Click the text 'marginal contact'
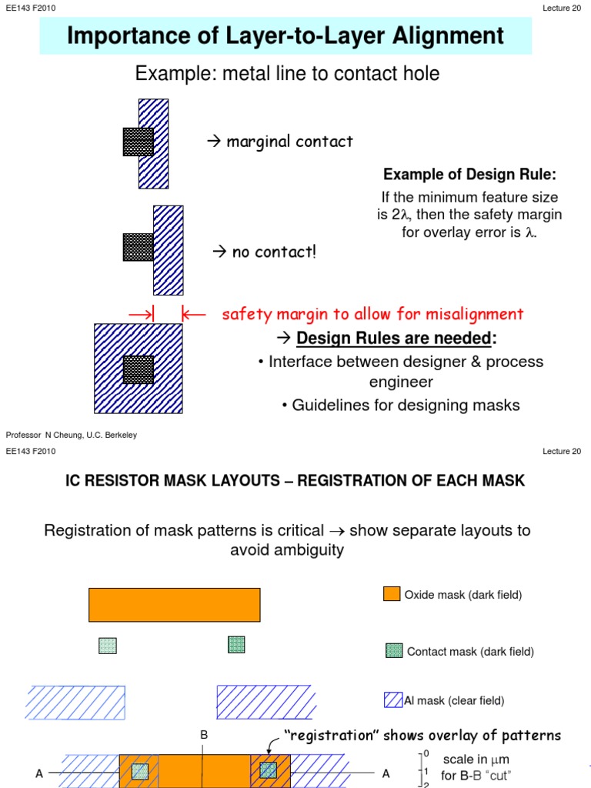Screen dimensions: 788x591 click(289, 142)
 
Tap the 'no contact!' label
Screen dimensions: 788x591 click(273, 252)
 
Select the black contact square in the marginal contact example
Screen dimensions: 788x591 click(138, 142)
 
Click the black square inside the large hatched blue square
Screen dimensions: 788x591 click(139, 369)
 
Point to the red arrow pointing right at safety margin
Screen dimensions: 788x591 click(141, 314)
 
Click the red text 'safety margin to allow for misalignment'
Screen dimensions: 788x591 click(372, 314)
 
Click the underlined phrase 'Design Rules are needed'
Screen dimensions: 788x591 click(394, 338)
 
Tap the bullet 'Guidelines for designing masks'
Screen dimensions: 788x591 click(400, 405)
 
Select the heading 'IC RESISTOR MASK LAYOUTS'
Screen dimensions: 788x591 click(177, 481)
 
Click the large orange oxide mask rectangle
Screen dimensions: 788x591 click(174, 605)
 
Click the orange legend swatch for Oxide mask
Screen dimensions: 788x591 click(392, 593)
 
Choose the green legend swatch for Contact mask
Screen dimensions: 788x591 click(393, 651)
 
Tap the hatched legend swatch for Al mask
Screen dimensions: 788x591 click(393, 700)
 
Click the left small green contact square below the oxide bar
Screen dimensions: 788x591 click(107, 646)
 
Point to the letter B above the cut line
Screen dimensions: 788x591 click(204, 736)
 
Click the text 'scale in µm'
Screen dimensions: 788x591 click(476, 760)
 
